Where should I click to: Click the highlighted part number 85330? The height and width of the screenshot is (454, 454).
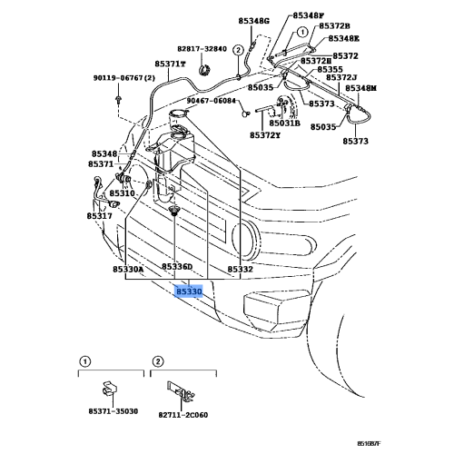pos(189,291)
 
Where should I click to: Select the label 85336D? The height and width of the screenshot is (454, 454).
pos(177,267)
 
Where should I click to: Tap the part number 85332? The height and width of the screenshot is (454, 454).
pos(240,269)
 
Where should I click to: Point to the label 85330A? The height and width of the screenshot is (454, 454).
pos(128,269)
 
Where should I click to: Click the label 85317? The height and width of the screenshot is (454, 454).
pos(99,216)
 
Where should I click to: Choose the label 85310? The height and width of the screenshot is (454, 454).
pos(122,193)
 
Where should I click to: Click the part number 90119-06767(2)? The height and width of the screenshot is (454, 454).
pos(124,78)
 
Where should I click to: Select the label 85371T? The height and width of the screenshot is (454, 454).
pos(170,64)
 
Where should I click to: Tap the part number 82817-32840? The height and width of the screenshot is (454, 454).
pos(202,49)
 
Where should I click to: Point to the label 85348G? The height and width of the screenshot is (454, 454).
pos(253,21)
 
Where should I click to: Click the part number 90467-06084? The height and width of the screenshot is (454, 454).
pos(211,101)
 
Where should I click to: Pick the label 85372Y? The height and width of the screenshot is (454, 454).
pos(265,135)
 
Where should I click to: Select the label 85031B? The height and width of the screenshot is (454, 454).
pos(285,123)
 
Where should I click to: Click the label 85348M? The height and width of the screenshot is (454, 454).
pos(361,88)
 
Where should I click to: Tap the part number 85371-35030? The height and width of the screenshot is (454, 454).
pos(113,411)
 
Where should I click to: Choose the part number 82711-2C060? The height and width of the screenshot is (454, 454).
pos(183,415)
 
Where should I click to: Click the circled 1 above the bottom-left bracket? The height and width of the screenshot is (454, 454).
pos(85,361)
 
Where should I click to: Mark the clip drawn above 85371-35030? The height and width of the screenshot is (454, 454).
pos(109,389)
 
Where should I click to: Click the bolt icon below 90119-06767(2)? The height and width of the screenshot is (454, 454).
pos(118,99)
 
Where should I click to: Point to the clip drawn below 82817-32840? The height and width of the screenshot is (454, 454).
pos(205,70)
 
